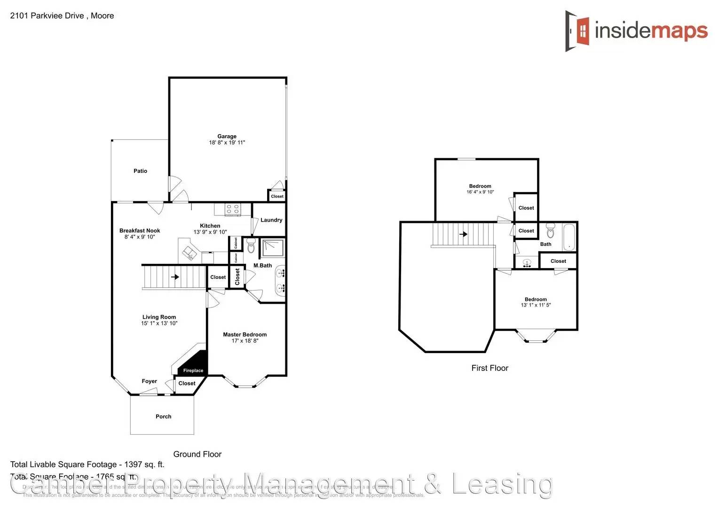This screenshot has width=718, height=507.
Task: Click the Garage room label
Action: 227,136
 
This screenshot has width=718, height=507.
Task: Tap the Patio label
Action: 140,171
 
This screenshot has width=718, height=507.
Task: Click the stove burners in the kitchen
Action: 232,209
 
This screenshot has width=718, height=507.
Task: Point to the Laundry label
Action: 271,220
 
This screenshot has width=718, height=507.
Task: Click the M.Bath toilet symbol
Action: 251,245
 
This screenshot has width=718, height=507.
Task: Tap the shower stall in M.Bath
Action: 273,248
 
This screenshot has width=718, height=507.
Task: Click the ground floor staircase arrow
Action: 175,277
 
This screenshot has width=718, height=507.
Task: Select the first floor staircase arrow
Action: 464,234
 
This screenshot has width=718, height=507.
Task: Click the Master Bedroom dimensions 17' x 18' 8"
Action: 245,341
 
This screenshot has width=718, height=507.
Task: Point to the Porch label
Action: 163,416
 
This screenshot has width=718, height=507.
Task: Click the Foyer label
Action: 149,381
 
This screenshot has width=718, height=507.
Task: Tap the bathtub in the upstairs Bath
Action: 569,237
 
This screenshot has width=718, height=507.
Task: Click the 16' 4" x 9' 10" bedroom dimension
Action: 480,192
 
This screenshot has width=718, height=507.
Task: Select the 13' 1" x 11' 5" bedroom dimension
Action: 536,305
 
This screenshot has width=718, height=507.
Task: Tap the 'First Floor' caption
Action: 489,368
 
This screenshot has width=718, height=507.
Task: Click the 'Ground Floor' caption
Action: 197,454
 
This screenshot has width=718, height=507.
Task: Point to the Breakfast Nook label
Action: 139,230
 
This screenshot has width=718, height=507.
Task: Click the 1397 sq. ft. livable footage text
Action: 144,465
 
